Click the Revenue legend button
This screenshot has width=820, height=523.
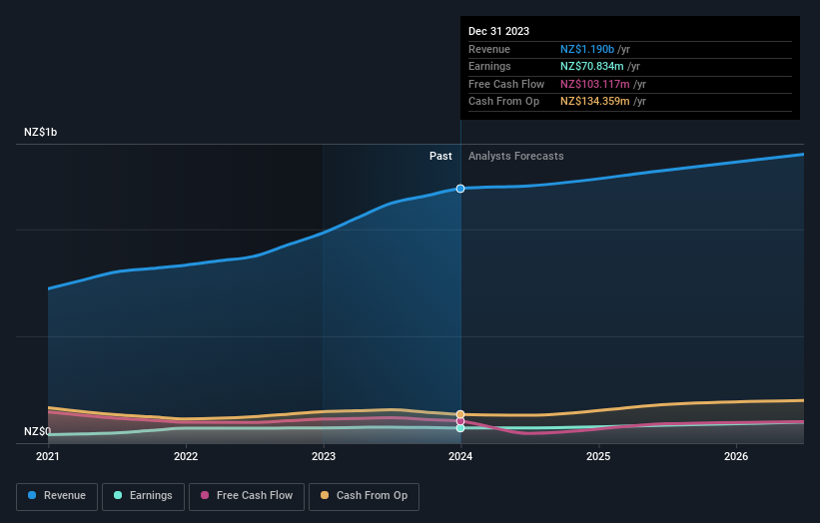click(x=57, y=495)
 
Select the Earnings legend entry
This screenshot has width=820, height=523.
click(x=143, y=495)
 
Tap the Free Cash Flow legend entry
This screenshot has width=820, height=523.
click(x=246, y=495)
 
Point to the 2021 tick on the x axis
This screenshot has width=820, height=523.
click(x=48, y=457)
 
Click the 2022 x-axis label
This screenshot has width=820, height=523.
click(x=186, y=457)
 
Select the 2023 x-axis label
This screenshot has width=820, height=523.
click(x=324, y=457)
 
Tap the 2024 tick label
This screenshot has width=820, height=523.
click(x=460, y=457)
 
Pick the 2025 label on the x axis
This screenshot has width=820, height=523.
click(x=598, y=457)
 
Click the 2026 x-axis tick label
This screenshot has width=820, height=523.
click(x=736, y=457)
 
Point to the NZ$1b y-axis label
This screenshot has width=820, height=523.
click(x=41, y=132)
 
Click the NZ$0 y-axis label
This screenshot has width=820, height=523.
click(x=37, y=431)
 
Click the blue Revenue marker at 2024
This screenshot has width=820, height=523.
click(x=460, y=188)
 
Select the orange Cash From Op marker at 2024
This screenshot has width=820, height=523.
click(x=460, y=413)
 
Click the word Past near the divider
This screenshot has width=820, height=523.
click(x=440, y=156)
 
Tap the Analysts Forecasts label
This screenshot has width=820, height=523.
click(x=515, y=156)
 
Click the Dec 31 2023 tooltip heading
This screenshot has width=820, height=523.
click(x=499, y=31)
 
